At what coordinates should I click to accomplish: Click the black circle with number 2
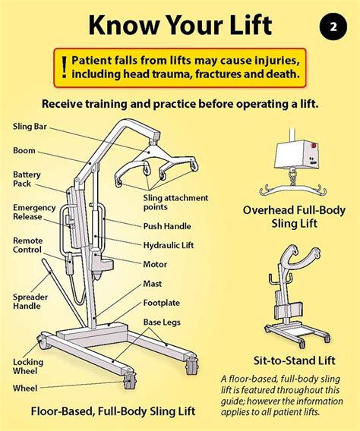click(x=333, y=27)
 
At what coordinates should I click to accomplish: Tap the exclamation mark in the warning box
click(x=65, y=68)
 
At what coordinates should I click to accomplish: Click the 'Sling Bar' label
click(x=30, y=127)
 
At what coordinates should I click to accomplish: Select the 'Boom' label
click(x=24, y=151)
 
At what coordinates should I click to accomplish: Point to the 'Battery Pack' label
click(x=27, y=179)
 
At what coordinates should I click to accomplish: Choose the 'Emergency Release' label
click(x=34, y=212)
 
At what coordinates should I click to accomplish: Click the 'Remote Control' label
click(x=28, y=245)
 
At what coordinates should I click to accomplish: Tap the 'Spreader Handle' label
click(x=30, y=301)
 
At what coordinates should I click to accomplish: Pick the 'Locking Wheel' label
click(x=28, y=367)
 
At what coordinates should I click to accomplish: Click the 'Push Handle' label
click(x=167, y=226)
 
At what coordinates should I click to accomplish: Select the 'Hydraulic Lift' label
click(x=169, y=245)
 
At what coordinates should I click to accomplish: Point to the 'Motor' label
click(x=155, y=264)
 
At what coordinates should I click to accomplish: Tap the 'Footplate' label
click(x=162, y=303)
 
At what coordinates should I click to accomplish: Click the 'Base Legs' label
click(x=162, y=322)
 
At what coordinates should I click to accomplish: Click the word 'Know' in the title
click(x=124, y=25)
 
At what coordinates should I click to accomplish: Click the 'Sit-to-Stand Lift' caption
click(x=295, y=360)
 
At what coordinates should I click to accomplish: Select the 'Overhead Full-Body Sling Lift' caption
click(x=294, y=216)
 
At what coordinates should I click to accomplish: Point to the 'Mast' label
click(x=153, y=284)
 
